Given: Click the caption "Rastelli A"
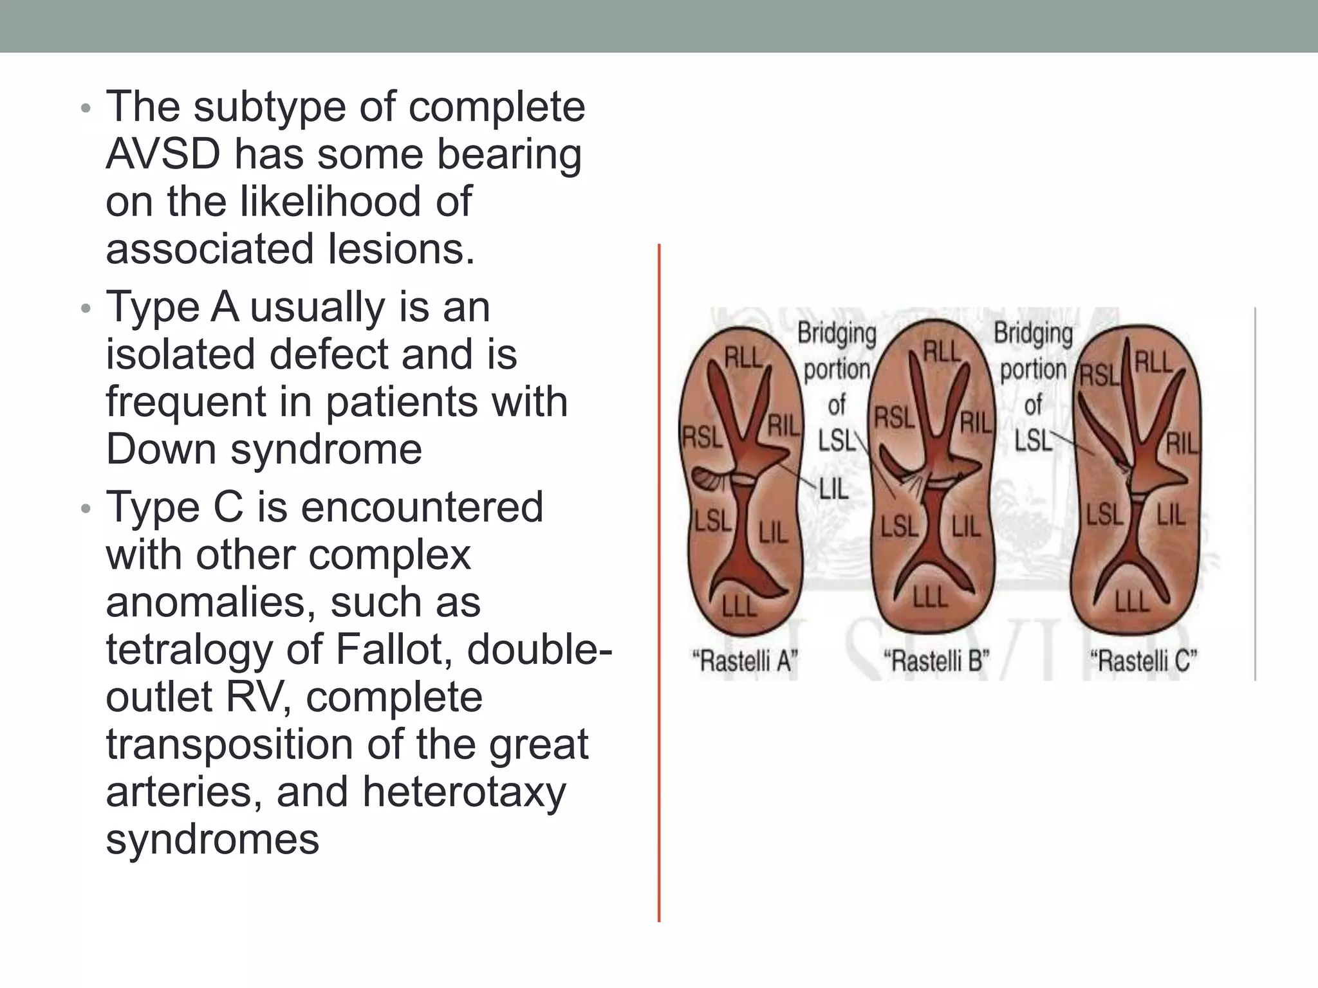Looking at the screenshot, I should [x=745, y=661].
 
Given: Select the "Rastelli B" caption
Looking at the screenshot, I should [x=936, y=661].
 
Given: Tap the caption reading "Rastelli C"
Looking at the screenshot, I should [x=1143, y=661].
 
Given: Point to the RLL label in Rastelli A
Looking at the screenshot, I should [x=743, y=358].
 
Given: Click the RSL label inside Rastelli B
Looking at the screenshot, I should [x=894, y=419].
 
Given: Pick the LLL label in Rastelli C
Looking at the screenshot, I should [x=1132, y=602].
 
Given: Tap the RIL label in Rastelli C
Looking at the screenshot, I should [x=1182, y=443].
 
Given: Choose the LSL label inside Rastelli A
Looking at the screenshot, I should [x=713, y=520].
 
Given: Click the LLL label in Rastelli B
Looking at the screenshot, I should [x=931, y=597].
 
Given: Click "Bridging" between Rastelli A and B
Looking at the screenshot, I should [x=837, y=333].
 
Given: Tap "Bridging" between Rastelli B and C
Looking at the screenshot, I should [x=1033, y=333].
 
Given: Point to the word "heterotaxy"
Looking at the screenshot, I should [x=464, y=791].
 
